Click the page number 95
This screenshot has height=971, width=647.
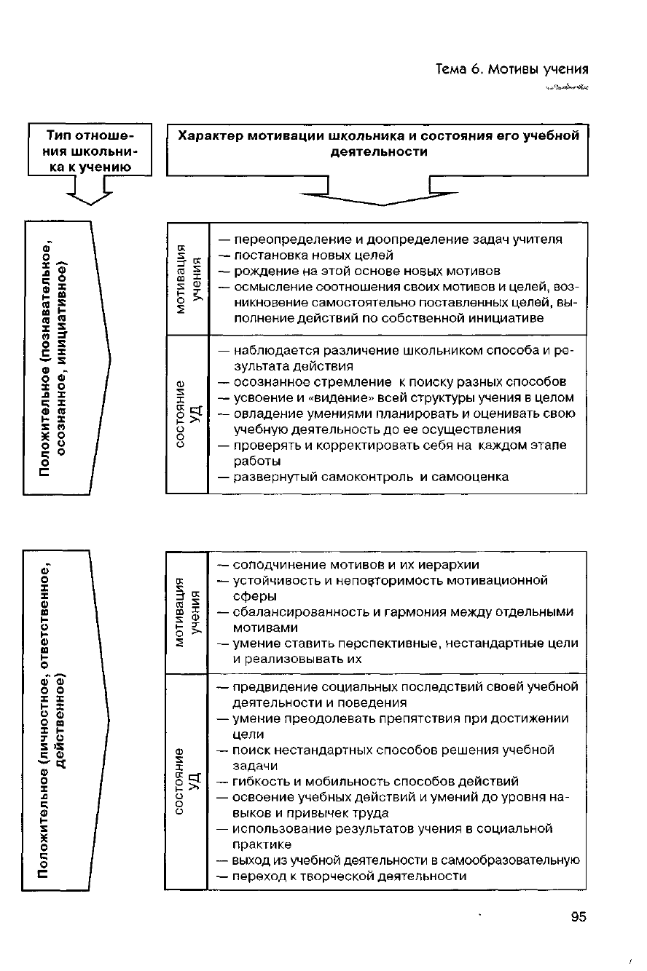click(x=579, y=917)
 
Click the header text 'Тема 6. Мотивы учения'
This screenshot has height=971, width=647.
click(x=511, y=70)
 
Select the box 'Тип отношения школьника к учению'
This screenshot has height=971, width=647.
click(x=90, y=151)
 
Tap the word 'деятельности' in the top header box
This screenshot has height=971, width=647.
click(x=378, y=152)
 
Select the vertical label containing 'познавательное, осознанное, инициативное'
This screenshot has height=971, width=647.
click(x=56, y=357)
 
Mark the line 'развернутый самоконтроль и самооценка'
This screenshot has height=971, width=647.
click(x=370, y=477)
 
